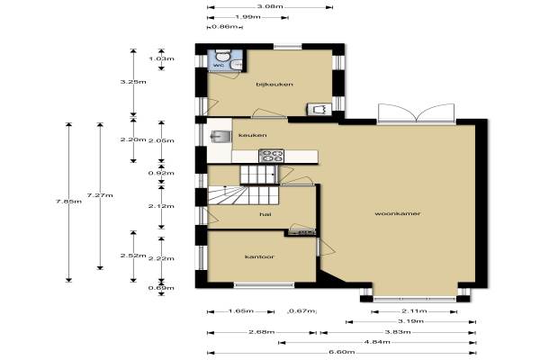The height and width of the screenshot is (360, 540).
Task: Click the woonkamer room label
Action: [398, 213]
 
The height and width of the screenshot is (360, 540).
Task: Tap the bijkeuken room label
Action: [274, 84]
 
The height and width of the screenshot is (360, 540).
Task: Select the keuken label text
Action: [252, 135]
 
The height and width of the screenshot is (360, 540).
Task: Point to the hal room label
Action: [265, 214]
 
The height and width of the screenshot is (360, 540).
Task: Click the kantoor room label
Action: [259, 256]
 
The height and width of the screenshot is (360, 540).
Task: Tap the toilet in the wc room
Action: [222, 55]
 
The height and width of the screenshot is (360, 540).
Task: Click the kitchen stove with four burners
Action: [272, 156]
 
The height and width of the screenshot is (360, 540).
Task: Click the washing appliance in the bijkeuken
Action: [319, 109]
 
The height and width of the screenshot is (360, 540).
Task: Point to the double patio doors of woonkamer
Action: [417, 113]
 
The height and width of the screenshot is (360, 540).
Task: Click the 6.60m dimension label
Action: [342, 352]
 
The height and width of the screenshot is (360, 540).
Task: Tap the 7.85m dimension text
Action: [69, 202]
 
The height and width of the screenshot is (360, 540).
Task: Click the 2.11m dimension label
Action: [414, 311]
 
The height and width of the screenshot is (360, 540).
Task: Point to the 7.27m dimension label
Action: [100, 195]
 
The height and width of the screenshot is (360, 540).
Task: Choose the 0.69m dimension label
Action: [161, 288]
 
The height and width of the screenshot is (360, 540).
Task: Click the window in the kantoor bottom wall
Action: [264, 285]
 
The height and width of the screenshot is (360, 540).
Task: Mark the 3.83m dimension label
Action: [398, 332]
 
